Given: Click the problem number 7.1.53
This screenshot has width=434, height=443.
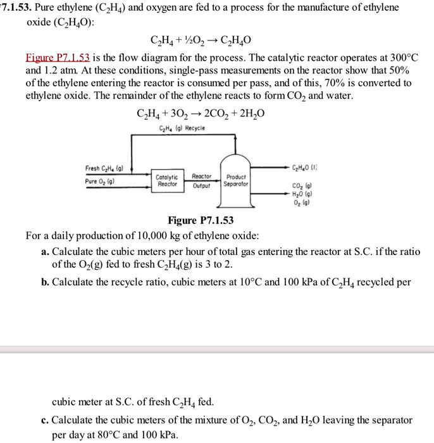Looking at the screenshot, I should pyautogui.click(x=19, y=8).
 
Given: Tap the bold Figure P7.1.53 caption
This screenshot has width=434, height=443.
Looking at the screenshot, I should pyautogui.click(x=201, y=220).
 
